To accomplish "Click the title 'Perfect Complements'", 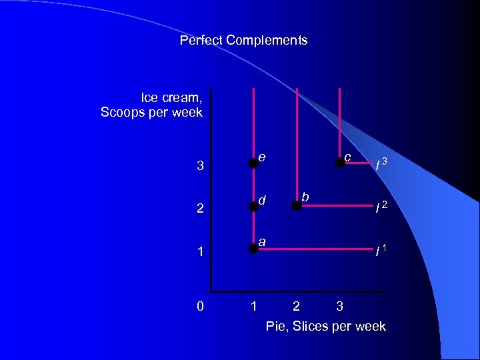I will point(243,40).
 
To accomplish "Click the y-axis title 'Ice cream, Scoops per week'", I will point(151,105).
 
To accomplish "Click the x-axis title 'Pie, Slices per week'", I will point(325,326).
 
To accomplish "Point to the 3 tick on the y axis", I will point(200,165).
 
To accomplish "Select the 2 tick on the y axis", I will point(200,208).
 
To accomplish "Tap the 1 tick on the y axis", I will point(200,252).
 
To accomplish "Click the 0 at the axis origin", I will point(200,307).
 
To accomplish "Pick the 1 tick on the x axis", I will point(253,307).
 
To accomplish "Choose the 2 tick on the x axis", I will point(296,307).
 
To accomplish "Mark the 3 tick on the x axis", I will point(339,307).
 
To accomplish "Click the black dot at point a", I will point(253,249).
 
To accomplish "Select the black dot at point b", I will point(296,206).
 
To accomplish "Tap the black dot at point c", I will point(339,162).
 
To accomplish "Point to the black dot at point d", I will point(253,206).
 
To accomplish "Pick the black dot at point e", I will point(253,162).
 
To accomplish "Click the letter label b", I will point(305,197).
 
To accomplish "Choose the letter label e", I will point(263,157).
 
